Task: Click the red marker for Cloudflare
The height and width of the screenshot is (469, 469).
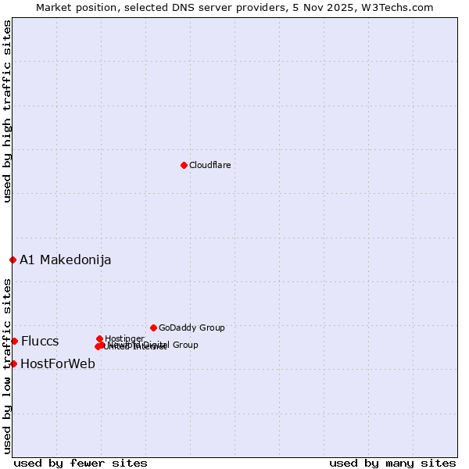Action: pyautogui.click(x=184, y=165)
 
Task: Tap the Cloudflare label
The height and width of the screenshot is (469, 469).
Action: pyautogui.click(x=209, y=166)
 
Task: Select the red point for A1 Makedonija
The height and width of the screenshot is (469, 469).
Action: pyautogui.click(x=13, y=260)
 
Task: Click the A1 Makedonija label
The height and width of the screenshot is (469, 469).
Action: pyautogui.click(x=66, y=260)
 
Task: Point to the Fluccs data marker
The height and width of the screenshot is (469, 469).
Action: pyautogui.click(x=14, y=341)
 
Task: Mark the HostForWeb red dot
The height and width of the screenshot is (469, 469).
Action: pyautogui.click(x=13, y=363)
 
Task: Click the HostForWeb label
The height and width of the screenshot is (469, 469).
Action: pyautogui.click(x=58, y=364)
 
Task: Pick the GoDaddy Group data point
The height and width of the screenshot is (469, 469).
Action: pyautogui.click(x=153, y=328)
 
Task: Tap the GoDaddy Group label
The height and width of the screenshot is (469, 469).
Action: pyautogui.click(x=192, y=328)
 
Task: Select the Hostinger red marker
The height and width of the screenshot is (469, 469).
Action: pyautogui.click(x=99, y=338)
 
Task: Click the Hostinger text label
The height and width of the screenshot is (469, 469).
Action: pyautogui.click(x=124, y=338)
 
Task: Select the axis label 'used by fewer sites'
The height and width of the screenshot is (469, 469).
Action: pyautogui.click(x=81, y=464)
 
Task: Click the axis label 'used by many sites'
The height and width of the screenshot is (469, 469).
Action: pyautogui.click(x=392, y=464)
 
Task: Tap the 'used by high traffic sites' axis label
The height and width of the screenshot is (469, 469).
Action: pyautogui.click(x=8, y=111)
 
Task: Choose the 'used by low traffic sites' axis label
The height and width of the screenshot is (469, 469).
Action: pyautogui.click(x=8, y=366)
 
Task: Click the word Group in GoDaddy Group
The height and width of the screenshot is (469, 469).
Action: pyautogui.click(x=211, y=328)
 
